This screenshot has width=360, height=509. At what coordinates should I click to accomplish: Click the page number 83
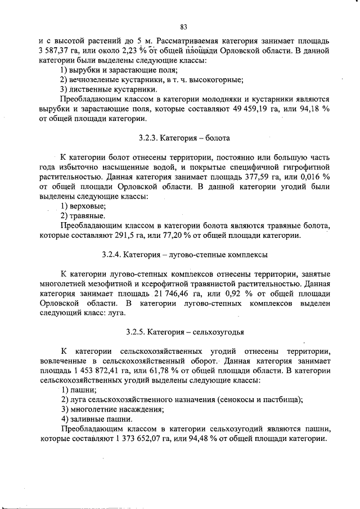tap(183, 26)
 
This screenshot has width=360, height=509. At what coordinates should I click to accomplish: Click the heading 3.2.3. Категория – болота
tap(184, 137)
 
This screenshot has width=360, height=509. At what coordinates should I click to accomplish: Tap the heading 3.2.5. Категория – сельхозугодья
tap(184, 330)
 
